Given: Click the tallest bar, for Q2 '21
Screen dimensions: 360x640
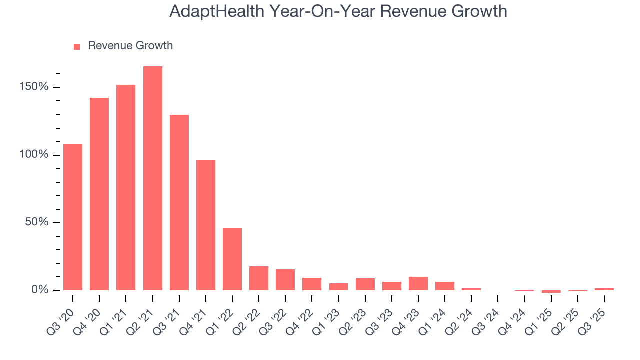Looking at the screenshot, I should tap(152, 178).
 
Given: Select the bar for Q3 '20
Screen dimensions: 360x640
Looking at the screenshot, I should tap(73, 217).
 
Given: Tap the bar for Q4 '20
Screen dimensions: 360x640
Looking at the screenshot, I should tap(99, 194).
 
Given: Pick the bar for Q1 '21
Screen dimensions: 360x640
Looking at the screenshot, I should tap(126, 187).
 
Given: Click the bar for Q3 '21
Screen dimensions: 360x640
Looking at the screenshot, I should tap(179, 202).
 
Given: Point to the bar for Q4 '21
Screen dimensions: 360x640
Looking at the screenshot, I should tap(206, 225).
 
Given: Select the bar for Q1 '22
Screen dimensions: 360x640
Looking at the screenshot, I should tap(232, 259).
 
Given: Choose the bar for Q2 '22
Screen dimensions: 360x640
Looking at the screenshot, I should tap(259, 278).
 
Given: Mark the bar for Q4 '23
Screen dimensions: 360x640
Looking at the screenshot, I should tap(418, 283).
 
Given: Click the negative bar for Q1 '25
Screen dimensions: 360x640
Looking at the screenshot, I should tap(551, 291).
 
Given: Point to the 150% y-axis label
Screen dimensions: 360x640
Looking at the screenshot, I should tap(34, 87).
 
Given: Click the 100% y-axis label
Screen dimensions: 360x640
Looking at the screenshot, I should tap(34, 155).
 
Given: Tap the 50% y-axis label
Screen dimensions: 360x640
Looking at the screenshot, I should tap(37, 222).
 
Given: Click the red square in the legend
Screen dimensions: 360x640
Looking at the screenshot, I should tap(77, 46).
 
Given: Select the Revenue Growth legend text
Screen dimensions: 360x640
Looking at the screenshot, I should tap(130, 46).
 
